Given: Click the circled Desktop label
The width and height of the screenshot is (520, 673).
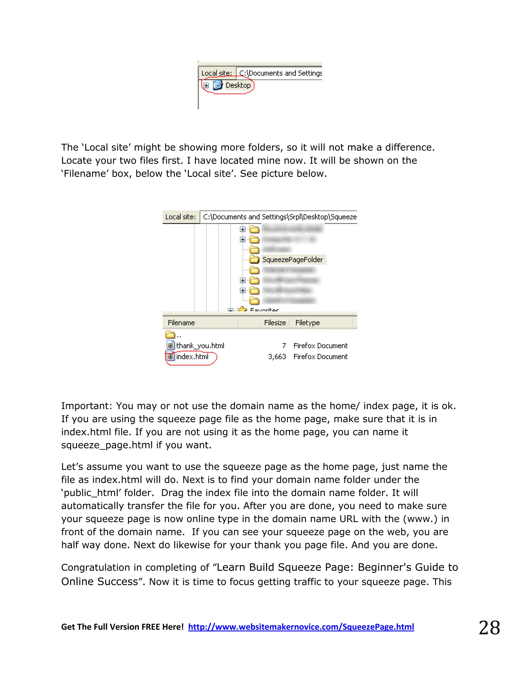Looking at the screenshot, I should click(238, 85).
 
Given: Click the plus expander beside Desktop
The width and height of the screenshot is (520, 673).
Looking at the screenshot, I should click(206, 85).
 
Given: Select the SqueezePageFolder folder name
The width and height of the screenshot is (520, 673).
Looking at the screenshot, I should click(292, 260).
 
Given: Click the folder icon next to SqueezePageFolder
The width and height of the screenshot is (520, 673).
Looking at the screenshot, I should click(254, 260).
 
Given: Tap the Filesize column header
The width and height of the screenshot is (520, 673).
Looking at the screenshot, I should click(275, 323).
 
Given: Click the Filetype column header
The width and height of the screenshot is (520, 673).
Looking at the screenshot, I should click(307, 323).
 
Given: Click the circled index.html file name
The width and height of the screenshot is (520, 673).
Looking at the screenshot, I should click(192, 357).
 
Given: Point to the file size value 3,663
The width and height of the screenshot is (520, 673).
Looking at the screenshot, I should click(277, 357).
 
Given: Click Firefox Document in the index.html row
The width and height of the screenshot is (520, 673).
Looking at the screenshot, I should click(320, 357).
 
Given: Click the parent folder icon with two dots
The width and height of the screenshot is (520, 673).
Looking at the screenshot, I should click(170, 335).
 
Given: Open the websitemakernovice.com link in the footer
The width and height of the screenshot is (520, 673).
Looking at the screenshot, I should click(301, 627).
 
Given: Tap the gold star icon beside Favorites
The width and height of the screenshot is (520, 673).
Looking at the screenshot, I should click(242, 309).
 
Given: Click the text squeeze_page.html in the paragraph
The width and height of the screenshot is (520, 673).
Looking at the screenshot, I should click(107, 445).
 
